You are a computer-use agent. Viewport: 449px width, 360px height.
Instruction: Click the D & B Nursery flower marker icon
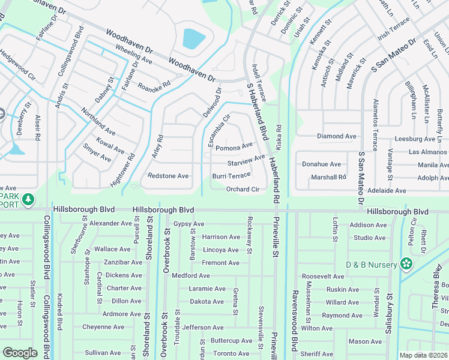[406, 263]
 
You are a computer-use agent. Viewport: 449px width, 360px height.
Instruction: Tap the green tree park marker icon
[28, 199]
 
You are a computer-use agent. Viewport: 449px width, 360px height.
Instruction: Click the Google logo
[20, 353]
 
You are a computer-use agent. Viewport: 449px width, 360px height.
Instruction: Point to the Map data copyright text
[424, 355]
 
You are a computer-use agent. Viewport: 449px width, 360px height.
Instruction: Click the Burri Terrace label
[231, 176]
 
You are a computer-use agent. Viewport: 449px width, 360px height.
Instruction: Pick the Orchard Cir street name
[243, 190]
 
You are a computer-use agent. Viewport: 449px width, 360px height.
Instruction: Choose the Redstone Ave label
[168, 176]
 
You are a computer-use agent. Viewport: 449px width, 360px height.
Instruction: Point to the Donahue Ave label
[321, 164]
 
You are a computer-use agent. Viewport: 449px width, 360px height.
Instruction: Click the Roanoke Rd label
[154, 85]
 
